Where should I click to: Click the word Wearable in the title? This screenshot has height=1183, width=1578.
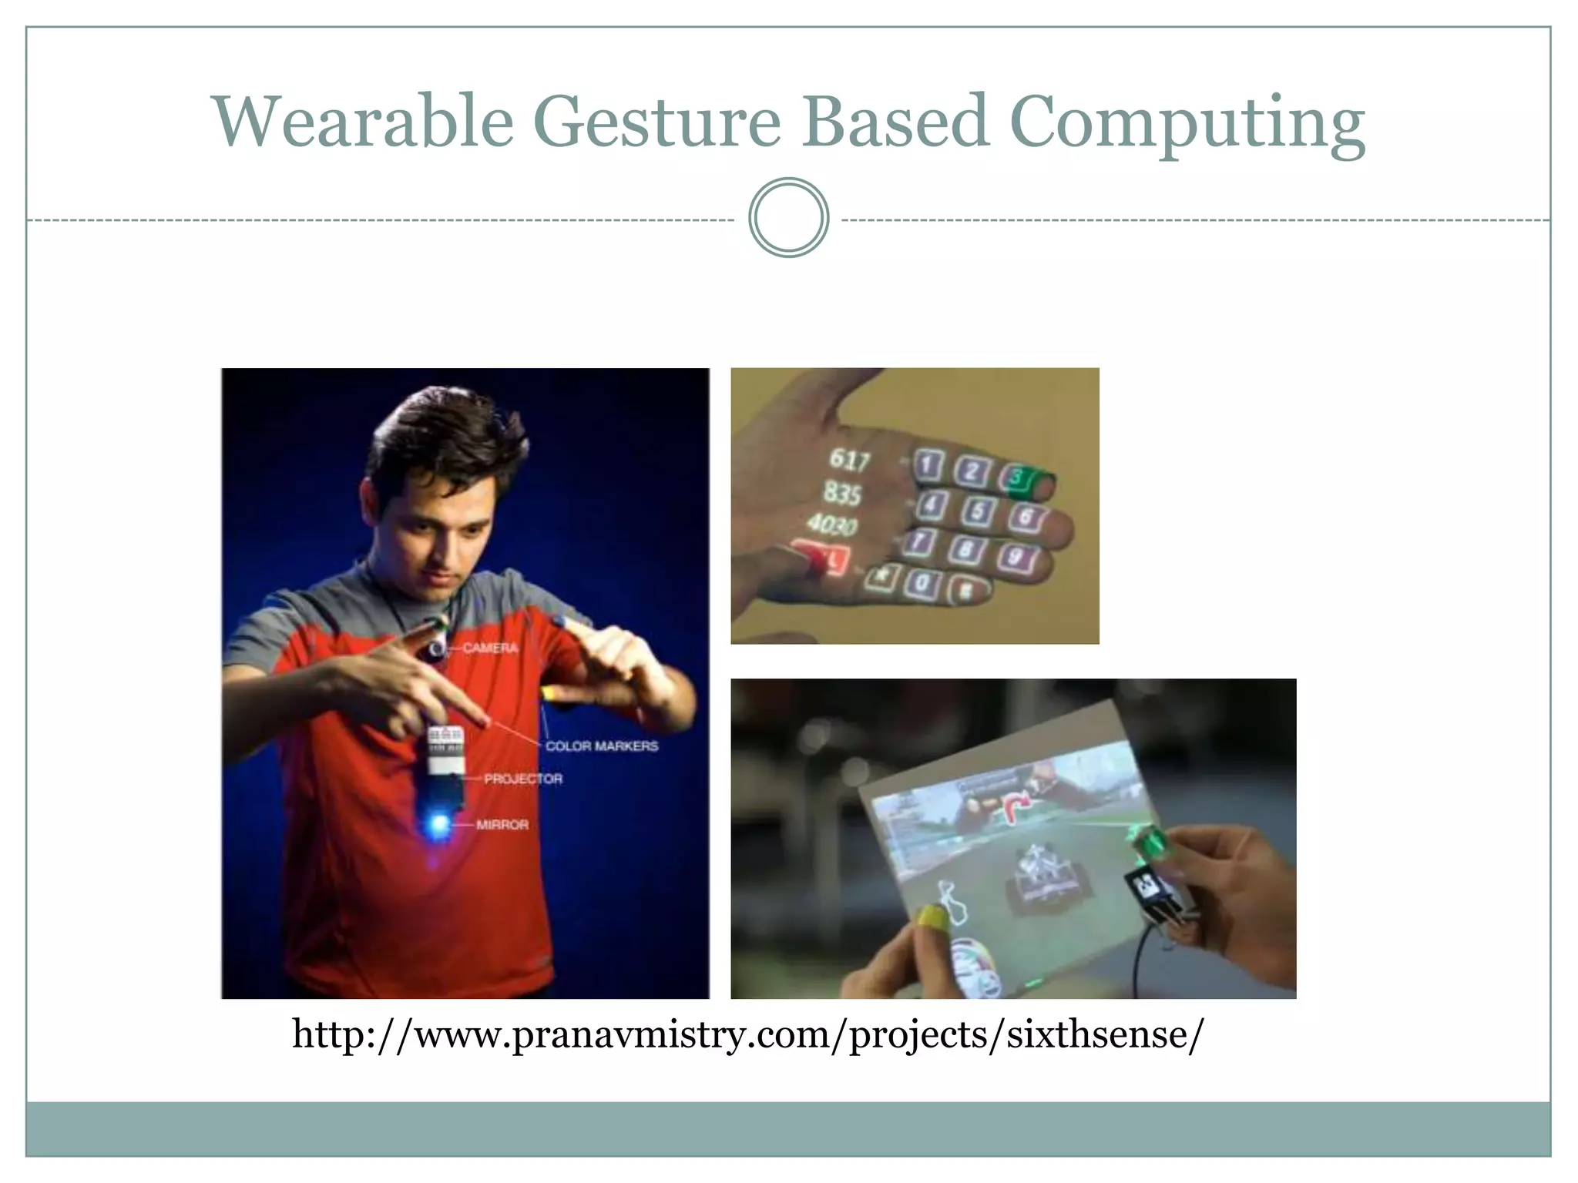point(363,121)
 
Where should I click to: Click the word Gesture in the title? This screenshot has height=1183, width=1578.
point(656,121)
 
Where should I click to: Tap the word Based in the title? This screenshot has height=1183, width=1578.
point(894,121)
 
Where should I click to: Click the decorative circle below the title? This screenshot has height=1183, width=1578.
point(788,218)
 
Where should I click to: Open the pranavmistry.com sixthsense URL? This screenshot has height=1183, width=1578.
point(747,1034)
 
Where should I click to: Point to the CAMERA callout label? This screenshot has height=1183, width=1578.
point(491,648)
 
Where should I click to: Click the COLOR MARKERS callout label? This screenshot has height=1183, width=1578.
point(602,746)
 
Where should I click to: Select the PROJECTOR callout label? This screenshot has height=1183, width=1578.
point(523,779)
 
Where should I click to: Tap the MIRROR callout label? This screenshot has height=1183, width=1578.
point(502,825)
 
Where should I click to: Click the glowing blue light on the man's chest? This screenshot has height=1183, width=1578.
point(439,825)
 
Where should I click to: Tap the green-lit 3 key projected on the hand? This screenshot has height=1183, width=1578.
point(1018,478)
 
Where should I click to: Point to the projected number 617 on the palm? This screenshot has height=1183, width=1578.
point(849,460)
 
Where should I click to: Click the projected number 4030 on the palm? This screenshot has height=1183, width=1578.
point(832,525)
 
